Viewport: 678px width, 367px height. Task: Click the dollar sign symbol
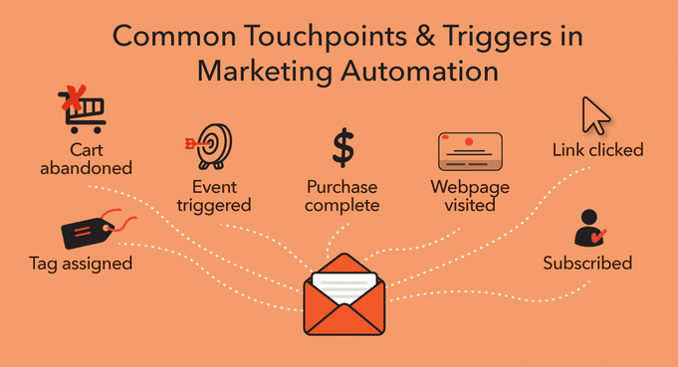pos(342,147)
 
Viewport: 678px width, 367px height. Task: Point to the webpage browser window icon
pos(470,150)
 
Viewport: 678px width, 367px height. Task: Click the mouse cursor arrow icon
pos(595,114)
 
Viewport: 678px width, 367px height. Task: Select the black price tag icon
pos(88,232)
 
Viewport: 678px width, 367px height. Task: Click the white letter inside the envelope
pos(342,284)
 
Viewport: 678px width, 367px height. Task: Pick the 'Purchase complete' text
pos(342,195)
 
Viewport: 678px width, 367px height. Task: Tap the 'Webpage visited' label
pos(470,195)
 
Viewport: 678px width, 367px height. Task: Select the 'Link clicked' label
pos(597,150)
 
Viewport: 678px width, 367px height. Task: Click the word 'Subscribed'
pos(587,264)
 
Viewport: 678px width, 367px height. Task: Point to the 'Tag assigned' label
pos(81,265)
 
